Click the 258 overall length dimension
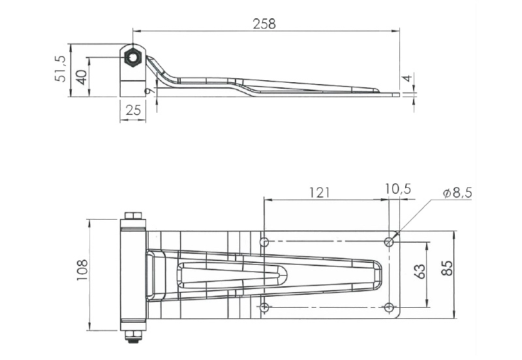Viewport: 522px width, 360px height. click(264, 23)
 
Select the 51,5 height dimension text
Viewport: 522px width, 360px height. click(61, 68)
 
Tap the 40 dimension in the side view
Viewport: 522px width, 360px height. click(81, 77)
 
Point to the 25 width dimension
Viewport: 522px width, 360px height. click(133, 110)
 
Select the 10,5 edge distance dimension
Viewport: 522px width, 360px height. click(397, 189)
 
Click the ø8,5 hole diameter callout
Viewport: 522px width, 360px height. click(457, 193)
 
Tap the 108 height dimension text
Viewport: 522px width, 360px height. click(82, 270)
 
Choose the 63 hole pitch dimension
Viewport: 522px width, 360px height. click(419, 270)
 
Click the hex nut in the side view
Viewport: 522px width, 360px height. click(133, 57)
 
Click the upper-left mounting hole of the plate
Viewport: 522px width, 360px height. click(264, 243)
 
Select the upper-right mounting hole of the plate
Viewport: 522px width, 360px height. click(389, 242)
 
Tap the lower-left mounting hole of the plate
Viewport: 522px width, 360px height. click(264, 307)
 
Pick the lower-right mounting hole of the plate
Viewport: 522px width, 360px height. click(389, 307)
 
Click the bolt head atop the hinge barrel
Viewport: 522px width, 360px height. click(133, 217)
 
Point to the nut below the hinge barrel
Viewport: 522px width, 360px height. click(133, 336)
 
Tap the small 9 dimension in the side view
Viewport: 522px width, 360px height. click(149, 91)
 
